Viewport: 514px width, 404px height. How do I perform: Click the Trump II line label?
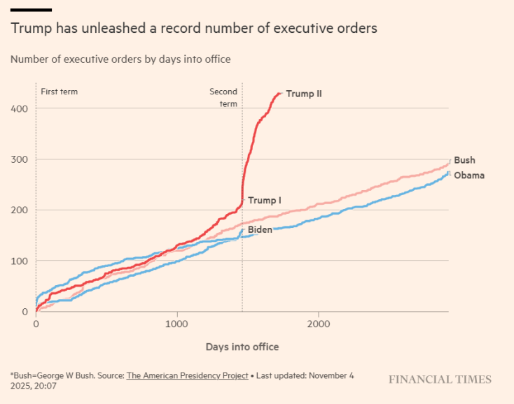pyautogui.click(x=304, y=94)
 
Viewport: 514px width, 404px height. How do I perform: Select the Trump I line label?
pyautogui.click(x=265, y=201)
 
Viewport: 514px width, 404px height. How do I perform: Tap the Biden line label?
pyautogui.click(x=260, y=229)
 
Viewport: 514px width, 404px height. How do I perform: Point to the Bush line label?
pyautogui.click(x=464, y=160)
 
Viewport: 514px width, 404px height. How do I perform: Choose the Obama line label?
pyautogui.click(x=468, y=175)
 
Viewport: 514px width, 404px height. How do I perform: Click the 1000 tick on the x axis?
pyautogui.click(x=177, y=324)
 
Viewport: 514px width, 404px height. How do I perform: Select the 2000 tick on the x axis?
pyautogui.click(x=319, y=324)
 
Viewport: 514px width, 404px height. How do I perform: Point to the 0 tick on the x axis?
pyautogui.click(x=36, y=324)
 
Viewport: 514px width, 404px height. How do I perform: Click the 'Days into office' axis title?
pyautogui.click(x=242, y=347)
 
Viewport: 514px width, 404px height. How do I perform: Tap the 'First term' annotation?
pyautogui.click(x=59, y=92)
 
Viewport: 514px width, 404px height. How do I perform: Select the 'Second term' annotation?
pyautogui.click(x=223, y=97)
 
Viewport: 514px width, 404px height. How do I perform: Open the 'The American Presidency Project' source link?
pyautogui.click(x=187, y=375)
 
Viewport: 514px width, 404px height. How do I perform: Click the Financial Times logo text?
pyautogui.click(x=440, y=380)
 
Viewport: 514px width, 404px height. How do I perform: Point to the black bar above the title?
pyautogui.click(x=31, y=10)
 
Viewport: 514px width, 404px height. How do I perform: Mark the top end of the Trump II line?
pyautogui.click(x=279, y=93)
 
